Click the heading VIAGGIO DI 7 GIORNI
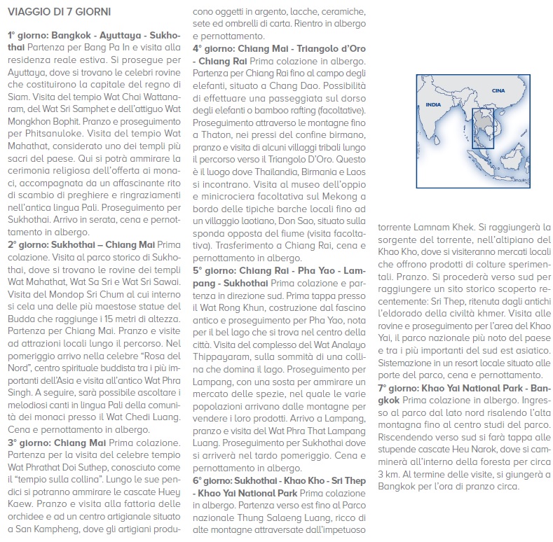pos(59,13)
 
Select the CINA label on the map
pos(498,90)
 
